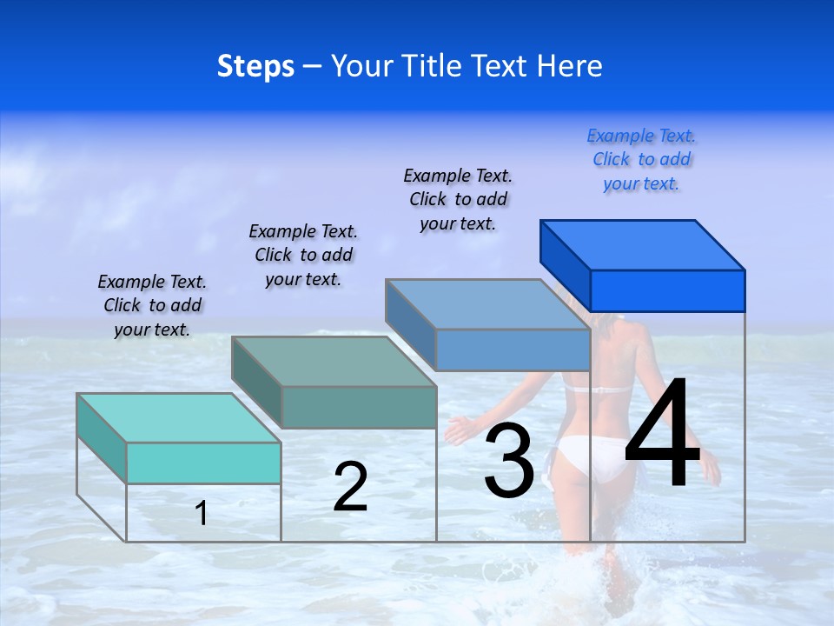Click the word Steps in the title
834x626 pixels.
click(x=255, y=66)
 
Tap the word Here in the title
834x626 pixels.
click(x=570, y=66)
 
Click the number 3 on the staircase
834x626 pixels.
click(x=509, y=461)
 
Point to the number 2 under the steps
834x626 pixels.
click(x=350, y=487)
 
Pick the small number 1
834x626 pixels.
click(x=202, y=513)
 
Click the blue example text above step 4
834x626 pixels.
click(x=641, y=160)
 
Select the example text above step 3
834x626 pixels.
click(x=458, y=200)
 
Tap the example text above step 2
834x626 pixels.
click(x=303, y=256)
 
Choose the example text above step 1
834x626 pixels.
click(x=152, y=306)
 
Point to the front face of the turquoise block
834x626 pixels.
click(x=203, y=463)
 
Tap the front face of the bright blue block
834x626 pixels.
click(x=667, y=290)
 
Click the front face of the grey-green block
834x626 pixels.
click(x=359, y=407)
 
